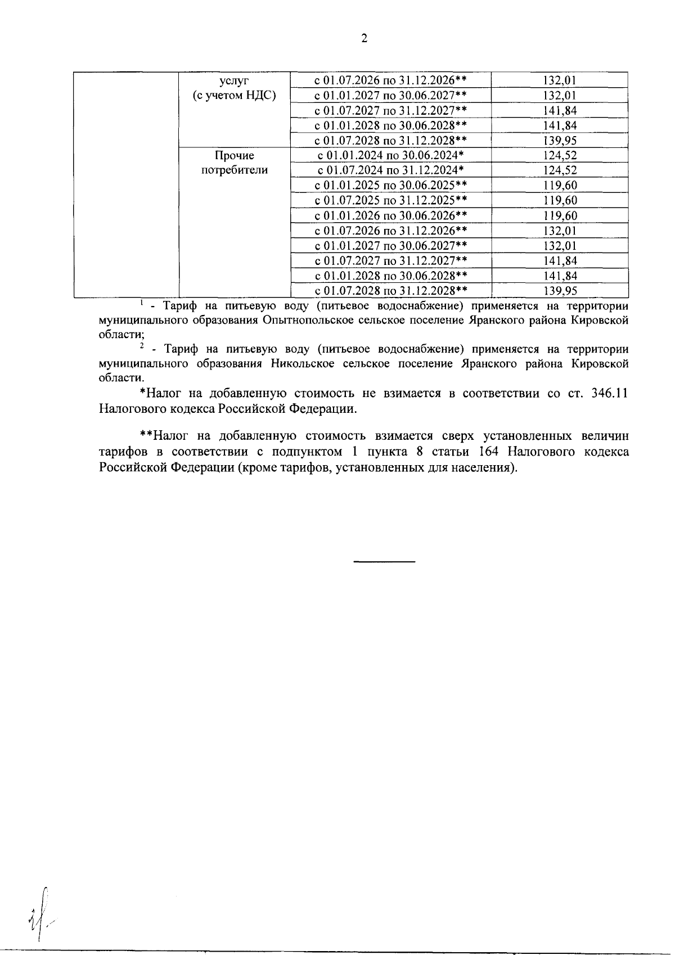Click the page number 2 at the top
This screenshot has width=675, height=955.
click(363, 39)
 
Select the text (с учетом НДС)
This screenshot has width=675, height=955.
click(234, 96)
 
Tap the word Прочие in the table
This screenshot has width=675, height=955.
click(234, 156)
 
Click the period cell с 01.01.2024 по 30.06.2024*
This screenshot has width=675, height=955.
click(390, 156)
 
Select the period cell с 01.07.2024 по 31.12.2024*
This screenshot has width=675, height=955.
click(390, 170)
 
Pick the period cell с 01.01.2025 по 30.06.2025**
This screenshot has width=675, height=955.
click(390, 186)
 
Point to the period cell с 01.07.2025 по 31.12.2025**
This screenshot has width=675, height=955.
click(390, 201)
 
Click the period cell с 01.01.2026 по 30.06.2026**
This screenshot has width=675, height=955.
click(390, 215)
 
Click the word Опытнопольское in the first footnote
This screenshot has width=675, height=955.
click(305, 321)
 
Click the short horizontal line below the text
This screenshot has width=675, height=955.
click(384, 562)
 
